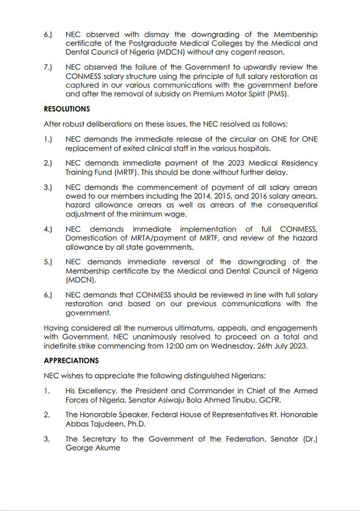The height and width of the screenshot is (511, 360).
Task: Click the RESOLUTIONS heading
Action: pyautogui.click(x=67, y=109)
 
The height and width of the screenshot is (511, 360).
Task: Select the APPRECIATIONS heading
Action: pyautogui.click(x=71, y=360)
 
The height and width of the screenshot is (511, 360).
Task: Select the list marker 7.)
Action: pyautogui.click(x=48, y=68)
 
